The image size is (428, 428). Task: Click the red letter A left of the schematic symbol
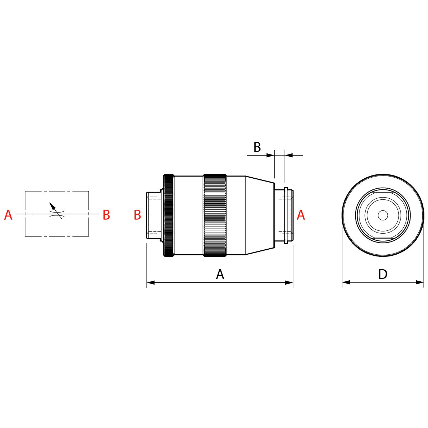coord(8,215)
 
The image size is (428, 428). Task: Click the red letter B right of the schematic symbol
coord(106,215)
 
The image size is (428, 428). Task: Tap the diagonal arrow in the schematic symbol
coord(53,207)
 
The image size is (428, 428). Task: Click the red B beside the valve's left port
coord(137,215)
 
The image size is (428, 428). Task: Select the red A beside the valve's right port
coord(301,215)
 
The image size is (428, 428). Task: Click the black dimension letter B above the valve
coord(257,147)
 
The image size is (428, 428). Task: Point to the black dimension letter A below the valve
coord(220,274)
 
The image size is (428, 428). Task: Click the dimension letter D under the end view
coord(383,274)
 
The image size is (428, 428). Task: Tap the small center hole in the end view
coord(383,215)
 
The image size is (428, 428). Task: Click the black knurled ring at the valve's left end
coord(169,215)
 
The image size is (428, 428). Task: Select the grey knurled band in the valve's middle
coord(215,215)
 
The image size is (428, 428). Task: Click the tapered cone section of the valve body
coord(260,215)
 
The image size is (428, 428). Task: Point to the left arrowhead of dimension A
coord(150,283)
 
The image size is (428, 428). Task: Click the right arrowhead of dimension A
coord(289,283)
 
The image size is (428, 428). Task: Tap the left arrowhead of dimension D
coord(346,282)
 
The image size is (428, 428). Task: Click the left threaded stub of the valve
coord(154,215)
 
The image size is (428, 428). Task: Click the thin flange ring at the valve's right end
coord(286,215)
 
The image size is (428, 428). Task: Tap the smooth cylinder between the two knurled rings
coord(189,215)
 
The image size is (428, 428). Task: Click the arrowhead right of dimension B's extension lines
coord(288,155)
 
